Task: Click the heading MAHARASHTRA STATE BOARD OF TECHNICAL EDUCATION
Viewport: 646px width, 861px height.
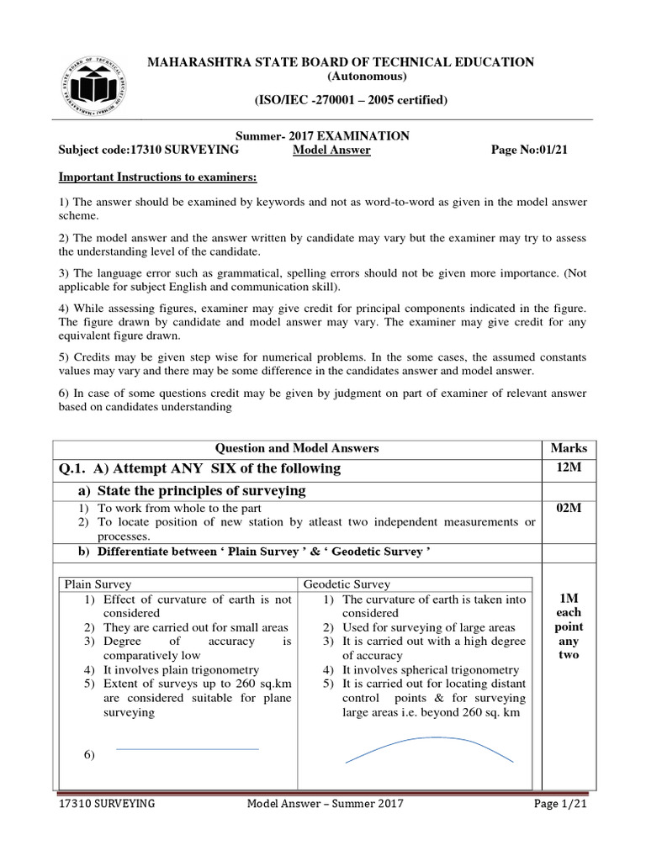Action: pyautogui.click(x=342, y=62)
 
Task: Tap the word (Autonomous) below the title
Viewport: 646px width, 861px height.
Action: pyautogui.click(x=341, y=77)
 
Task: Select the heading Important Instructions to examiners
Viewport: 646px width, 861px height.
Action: pyautogui.click(x=156, y=177)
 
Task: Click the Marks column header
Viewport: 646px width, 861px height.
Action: pyautogui.click(x=568, y=448)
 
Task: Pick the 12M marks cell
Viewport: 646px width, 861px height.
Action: pyautogui.click(x=568, y=467)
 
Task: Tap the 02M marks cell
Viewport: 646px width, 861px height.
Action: pyautogui.click(x=568, y=509)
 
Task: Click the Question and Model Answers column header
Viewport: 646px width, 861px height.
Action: pyautogui.click(x=299, y=448)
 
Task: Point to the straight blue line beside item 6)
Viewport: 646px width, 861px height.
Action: pyautogui.click(x=187, y=748)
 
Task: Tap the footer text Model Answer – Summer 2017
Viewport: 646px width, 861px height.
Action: pyautogui.click(x=325, y=804)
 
